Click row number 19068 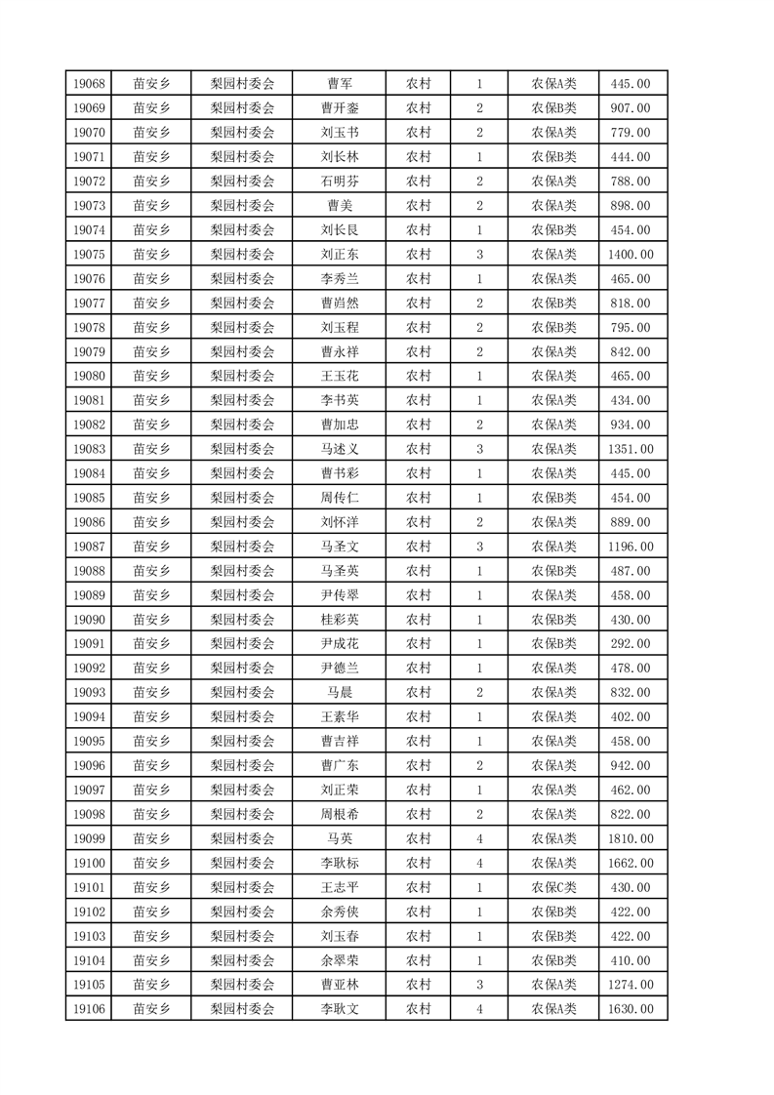click(88, 84)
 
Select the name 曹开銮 click(339, 108)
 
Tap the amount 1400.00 click(630, 255)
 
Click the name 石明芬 click(339, 182)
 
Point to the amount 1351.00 click(630, 449)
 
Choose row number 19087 click(88, 547)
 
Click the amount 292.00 click(630, 644)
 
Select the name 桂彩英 click(339, 620)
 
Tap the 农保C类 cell click(553, 887)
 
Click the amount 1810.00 click(630, 838)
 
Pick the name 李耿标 click(339, 863)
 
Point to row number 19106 click(88, 1009)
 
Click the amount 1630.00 click(630, 1009)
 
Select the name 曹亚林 click(339, 985)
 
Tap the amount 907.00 click(630, 108)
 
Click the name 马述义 click(339, 449)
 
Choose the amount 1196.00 click(630, 547)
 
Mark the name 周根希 click(339, 814)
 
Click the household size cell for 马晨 click(479, 693)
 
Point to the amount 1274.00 click(630, 985)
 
